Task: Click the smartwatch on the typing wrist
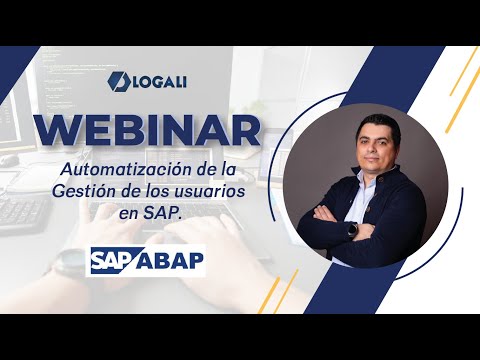(63, 263)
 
